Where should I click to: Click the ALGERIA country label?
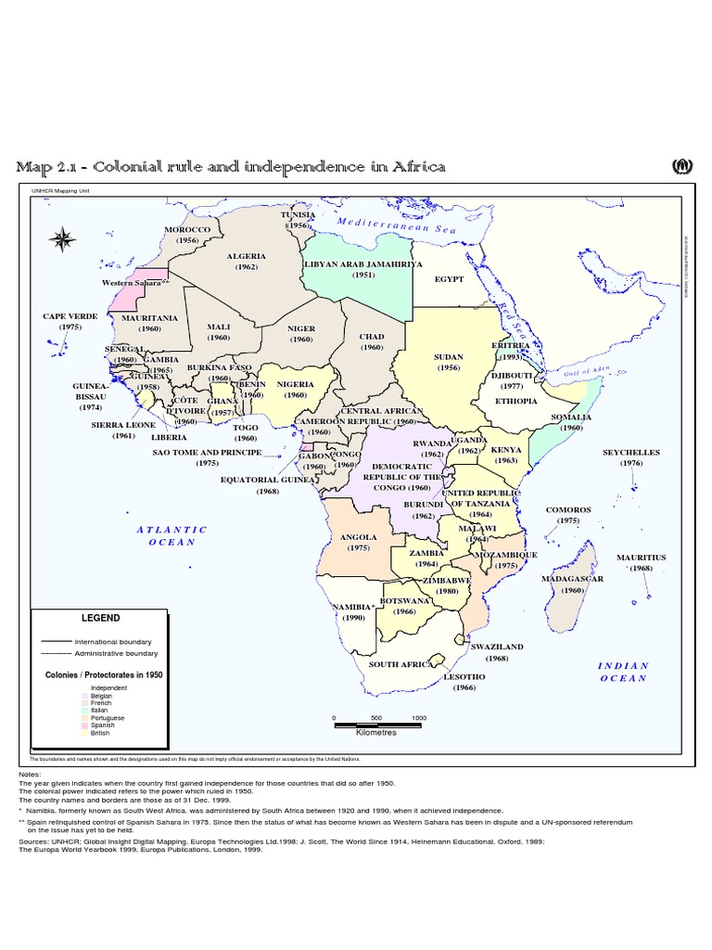[246, 256]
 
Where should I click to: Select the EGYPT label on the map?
[449, 278]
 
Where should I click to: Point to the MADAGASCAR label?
[573, 579]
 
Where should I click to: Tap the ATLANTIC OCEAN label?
[172, 535]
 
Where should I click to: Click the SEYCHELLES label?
[631, 453]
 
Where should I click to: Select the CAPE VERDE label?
[70, 316]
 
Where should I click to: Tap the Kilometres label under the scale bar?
[376, 732]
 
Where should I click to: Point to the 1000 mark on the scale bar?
[419, 718]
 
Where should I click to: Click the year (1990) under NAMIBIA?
[352, 618]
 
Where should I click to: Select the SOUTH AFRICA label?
[400, 664]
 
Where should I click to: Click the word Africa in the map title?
[417, 167]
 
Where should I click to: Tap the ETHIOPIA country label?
[516, 401]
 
